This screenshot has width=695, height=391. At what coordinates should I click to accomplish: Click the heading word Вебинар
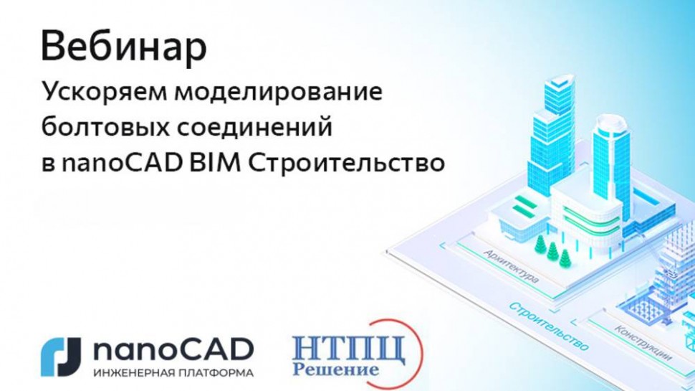pyautogui.click(x=124, y=47)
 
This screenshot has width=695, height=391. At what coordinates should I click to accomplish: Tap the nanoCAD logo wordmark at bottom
pyautogui.click(x=173, y=349)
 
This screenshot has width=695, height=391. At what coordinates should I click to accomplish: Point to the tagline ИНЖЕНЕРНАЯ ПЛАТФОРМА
pyautogui.click(x=173, y=373)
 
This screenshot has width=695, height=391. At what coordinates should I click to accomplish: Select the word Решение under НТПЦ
pyautogui.click(x=335, y=371)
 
